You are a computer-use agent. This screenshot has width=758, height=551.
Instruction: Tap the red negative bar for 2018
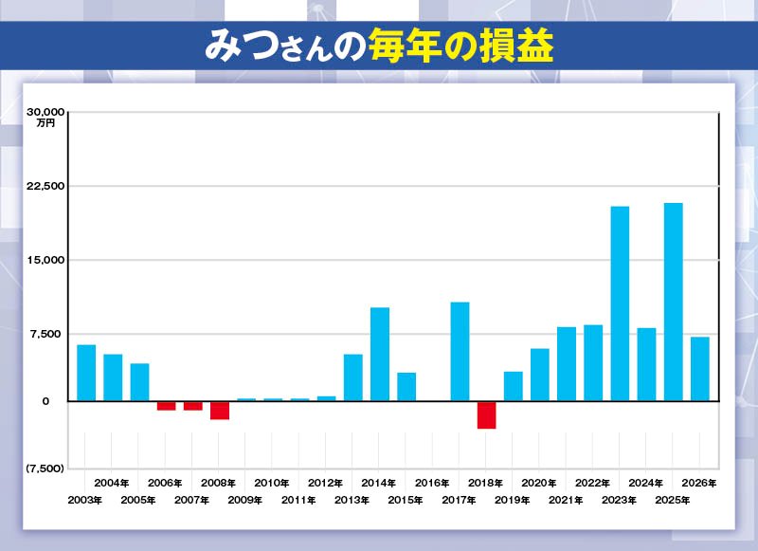coord(486,414)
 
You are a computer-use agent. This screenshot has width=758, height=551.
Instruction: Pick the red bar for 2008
coord(220,410)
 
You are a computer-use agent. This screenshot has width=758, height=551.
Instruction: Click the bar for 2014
coord(380,354)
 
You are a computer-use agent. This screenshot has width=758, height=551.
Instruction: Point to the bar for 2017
coord(460,351)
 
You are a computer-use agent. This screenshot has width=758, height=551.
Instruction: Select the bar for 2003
coord(86,373)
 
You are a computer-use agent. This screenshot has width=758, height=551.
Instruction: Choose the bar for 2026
coord(699,369)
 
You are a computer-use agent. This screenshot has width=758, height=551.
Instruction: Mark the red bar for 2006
coord(166,405)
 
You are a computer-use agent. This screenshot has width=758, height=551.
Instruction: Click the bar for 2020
coord(540,375)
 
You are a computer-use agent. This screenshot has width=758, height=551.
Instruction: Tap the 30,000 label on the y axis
coord(44,112)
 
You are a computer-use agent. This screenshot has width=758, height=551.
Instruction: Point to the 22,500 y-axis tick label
coord(44,186)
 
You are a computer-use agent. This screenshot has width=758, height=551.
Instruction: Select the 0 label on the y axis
coord(44,401)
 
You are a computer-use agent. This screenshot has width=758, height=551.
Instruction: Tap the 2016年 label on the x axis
coord(433,483)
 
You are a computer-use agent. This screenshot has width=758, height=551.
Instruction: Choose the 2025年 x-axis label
coord(673,499)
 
